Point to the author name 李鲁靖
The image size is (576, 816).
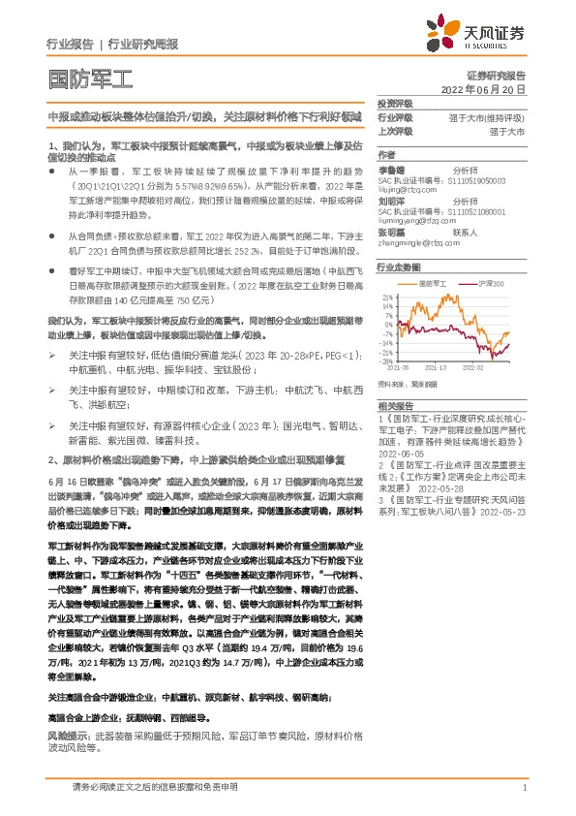(391, 169)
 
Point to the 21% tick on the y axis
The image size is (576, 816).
(386, 297)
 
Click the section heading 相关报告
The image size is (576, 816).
(395, 405)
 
